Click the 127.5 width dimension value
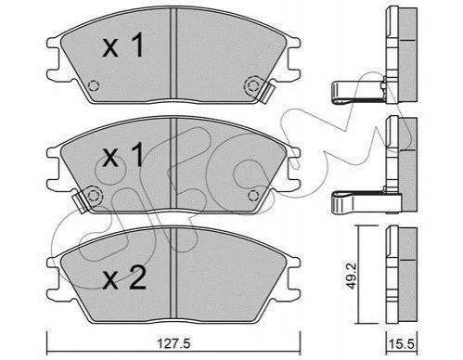(x=174, y=343)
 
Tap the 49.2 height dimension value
(x=352, y=276)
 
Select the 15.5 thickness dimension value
(x=402, y=343)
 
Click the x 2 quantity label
(x=124, y=278)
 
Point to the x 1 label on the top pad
(x=123, y=45)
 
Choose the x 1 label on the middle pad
(x=123, y=155)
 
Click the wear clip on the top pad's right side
(x=266, y=93)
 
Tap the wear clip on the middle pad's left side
(x=81, y=201)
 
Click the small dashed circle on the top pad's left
(x=94, y=85)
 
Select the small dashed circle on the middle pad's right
(x=253, y=196)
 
